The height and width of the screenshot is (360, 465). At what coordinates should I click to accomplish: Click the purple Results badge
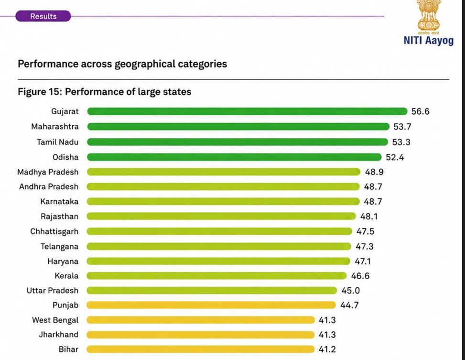click(43, 16)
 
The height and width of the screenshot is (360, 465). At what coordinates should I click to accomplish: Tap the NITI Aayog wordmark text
click(429, 40)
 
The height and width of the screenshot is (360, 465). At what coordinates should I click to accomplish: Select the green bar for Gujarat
click(248, 111)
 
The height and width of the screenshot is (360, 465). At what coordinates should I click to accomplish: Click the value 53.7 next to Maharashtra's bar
click(402, 127)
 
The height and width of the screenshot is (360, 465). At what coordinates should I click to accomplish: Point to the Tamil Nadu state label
click(57, 142)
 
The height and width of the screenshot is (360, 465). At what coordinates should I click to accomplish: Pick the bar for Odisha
click(234, 157)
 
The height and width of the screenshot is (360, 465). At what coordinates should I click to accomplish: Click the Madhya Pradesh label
click(48, 172)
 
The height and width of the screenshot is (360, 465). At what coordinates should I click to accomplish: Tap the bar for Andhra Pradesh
click(223, 186)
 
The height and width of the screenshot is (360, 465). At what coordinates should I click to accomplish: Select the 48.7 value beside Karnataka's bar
click(373, 202)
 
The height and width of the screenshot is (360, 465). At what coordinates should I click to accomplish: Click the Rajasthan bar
click(221, 216)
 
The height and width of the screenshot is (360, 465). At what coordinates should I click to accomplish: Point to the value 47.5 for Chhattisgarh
click(365, 231)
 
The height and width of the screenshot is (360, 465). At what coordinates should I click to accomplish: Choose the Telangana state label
click(59, 246)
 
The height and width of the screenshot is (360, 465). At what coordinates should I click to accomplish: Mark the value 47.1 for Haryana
click(363, 262)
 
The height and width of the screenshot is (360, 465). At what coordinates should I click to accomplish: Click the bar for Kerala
click(217, 276)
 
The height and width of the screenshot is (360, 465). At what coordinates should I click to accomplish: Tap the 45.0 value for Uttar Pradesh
click(350, 291)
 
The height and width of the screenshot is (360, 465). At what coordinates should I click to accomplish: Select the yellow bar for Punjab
click(211, 305)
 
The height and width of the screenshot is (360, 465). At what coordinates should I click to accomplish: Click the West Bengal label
click(55, 320)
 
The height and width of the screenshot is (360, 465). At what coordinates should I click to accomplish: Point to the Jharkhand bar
click(200, 335)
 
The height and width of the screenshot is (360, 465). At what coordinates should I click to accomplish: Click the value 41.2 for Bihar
click(327, 349)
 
